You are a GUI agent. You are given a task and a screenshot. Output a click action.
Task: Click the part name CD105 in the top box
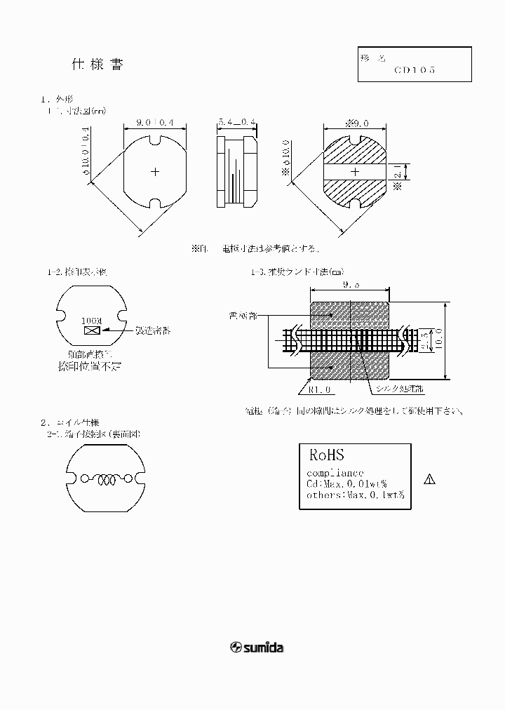pyautogui.click(x=415, y=70)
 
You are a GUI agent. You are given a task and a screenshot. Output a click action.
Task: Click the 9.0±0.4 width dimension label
pyautogui.click(x=155, y=122)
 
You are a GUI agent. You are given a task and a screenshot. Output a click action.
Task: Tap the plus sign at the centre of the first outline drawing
pyautogui.click(x=156, y=171)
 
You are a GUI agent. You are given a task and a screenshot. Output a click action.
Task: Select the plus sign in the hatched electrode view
pyautogui.click(x=354, y=172)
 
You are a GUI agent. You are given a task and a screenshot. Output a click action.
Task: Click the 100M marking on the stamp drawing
pyautogui.click(x=91, y=321)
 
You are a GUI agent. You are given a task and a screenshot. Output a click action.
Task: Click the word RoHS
pyautogui.click(x=326, y=455)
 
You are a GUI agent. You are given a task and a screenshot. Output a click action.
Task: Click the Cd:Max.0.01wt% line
pyautogui.click(x=347, y=484)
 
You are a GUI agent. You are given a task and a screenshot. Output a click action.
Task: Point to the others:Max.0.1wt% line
pyautogui.click(x=356, y=495)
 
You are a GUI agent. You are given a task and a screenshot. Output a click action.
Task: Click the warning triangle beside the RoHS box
pyautogui.click(x=430, y=480)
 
